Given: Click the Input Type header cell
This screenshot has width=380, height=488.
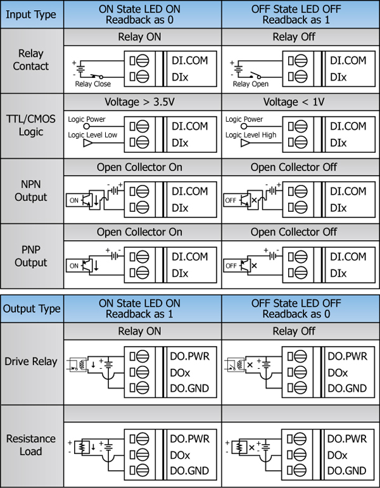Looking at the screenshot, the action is pyautogui.click(x=31, y=15).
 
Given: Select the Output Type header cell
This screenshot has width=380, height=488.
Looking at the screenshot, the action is pyautogui.click(x=32, y=309).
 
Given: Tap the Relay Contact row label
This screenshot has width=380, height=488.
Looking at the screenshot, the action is pyautogui.click(x=31, y=60).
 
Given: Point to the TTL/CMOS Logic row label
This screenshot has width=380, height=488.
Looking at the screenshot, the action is pyautogui.click(x=31, y=125).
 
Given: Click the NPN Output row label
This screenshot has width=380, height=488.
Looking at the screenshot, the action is pyautogui.click(x=31, y=191).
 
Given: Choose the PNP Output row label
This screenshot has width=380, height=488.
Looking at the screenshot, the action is pyautogui.click(x=31, y=256).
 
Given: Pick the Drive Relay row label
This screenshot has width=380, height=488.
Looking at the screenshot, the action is pyautogui.click(x=31, y=362).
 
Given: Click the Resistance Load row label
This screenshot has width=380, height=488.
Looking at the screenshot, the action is pyautogui.click(x=31, y=445).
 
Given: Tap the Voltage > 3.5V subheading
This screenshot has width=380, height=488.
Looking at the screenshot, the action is pyautogui.click(x=139, y=102).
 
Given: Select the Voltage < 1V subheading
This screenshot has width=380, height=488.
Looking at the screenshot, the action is pyautogui.click(x=294, y=102).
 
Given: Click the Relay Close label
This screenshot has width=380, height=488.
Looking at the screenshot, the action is pyautogui.click(x=93, y=84).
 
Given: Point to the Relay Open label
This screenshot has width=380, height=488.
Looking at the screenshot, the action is pyautogui.click(x=251, y=84).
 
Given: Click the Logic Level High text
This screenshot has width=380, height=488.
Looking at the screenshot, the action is pyautogui.click(x=251, y=135).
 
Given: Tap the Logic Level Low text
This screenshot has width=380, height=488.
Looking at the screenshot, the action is pyautogui.click(x=92, y=135).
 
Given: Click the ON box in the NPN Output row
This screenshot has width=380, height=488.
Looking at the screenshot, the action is pyautogui.click(x=73, y=200).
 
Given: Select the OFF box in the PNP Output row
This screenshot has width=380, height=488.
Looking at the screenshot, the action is pyautogui.click(x=231, y=266).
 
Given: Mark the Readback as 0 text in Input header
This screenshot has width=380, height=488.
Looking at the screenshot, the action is pyautogui.click(x=139, y=20).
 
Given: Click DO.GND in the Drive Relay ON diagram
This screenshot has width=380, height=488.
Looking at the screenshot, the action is pyautogui.click(x=189, y=388).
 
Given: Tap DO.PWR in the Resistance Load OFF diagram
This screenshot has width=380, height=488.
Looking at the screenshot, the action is pyautogui.click(x=347, y=439).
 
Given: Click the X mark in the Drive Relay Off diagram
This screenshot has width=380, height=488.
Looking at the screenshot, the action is pyautogui.click(x=250, y=365).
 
